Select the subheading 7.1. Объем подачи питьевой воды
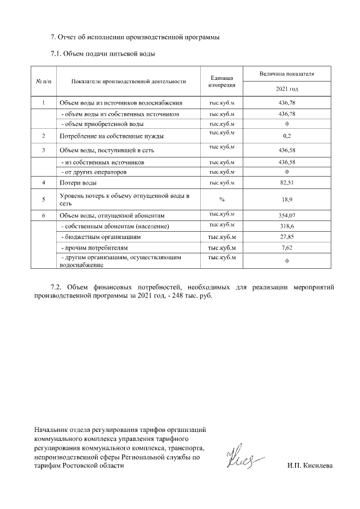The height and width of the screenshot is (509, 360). [103, 55]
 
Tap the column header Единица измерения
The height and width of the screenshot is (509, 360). [222, 82]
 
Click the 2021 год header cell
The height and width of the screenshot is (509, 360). [287, 89]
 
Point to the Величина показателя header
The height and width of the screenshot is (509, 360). [287, 74]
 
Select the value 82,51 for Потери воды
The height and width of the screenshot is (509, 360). [287, 183]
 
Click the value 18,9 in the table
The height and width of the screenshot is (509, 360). [287, 199]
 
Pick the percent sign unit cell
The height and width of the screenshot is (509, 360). [222, 199]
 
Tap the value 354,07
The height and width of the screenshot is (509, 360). [287, 216]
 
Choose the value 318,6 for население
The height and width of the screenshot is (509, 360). [287, 226]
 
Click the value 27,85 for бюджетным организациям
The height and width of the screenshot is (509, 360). [287, 237]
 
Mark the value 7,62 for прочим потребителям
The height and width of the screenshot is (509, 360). [287, 247]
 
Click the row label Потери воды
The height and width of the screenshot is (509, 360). [78, 183]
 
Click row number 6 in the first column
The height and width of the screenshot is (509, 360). [44, 216]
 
